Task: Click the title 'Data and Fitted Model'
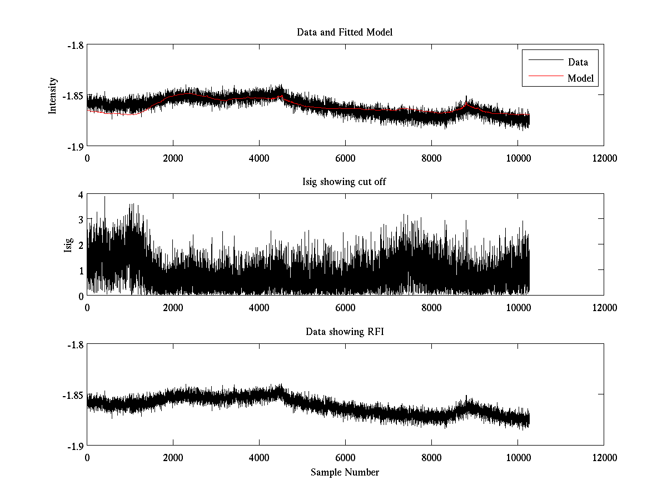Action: click(345, 32)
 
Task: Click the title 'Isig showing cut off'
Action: click(345, 182)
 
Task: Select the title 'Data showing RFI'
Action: click(345, 332)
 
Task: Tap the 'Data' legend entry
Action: click(578, 62)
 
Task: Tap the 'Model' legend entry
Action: click(580, 78)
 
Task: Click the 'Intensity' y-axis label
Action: click(53, 96)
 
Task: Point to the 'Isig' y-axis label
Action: click(68, 246)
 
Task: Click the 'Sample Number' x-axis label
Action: click(345, 472)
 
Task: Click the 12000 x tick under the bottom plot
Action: click(604, 458)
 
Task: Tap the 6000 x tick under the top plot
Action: click(345, 158)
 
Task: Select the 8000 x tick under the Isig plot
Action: click(431, 308)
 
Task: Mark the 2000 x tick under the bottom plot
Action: click(173, 458)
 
